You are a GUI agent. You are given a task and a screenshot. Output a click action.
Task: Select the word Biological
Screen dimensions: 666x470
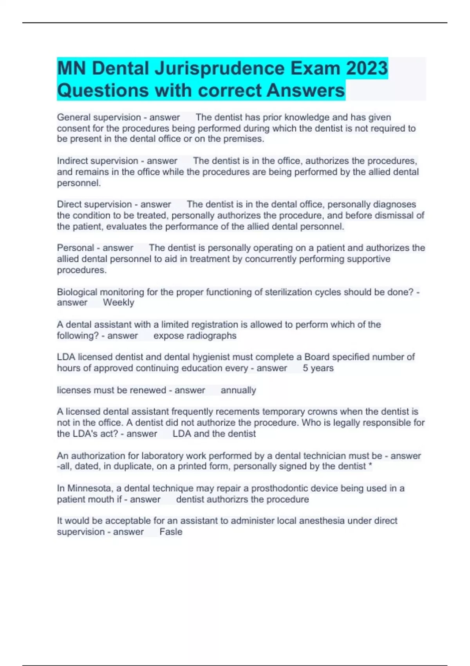coord(77,292)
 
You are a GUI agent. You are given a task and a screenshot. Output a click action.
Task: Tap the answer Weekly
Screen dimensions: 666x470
coord(118,302)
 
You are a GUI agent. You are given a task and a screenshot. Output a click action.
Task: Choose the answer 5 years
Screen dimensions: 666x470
coord(318,368)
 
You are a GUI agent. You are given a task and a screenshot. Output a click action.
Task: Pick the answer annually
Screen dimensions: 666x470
coord(238,390)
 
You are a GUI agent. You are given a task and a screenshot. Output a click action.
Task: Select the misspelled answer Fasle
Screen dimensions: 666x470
coord(171,532)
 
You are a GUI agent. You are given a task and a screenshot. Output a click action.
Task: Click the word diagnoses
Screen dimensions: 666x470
coord(394,204)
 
